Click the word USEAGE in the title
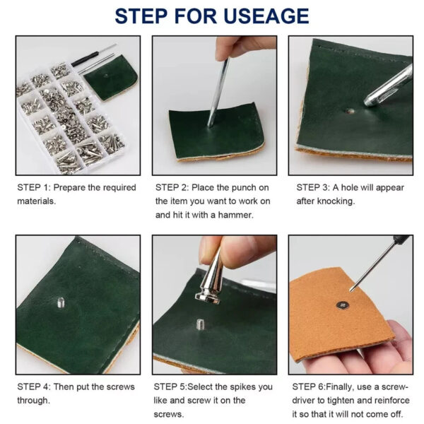[266, 16]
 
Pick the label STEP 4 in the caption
[34, 387]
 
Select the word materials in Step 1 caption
[36, 201]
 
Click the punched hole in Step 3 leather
[349, 111]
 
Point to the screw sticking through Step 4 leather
[61, 303]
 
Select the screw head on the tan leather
[343, 305]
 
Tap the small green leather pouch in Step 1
[112, 78]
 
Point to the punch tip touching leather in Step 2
[210, 125]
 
